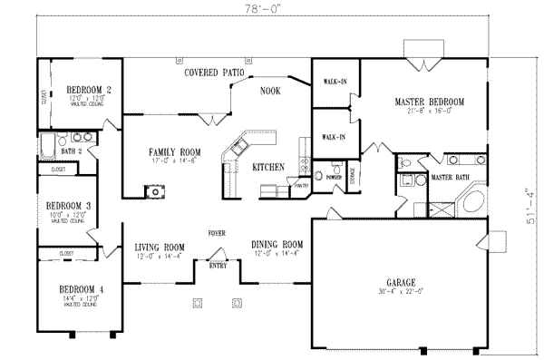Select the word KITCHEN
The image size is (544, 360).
point(268,167)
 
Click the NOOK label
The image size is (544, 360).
point(269,91)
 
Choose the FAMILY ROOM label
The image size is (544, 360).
point(175,151)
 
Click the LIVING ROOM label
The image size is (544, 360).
point(160,247)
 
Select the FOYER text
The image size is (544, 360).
point(216,233)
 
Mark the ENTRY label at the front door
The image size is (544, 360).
point(218,266)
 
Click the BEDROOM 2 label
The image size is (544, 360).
point(89,89)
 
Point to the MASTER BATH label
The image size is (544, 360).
point(450,178)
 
